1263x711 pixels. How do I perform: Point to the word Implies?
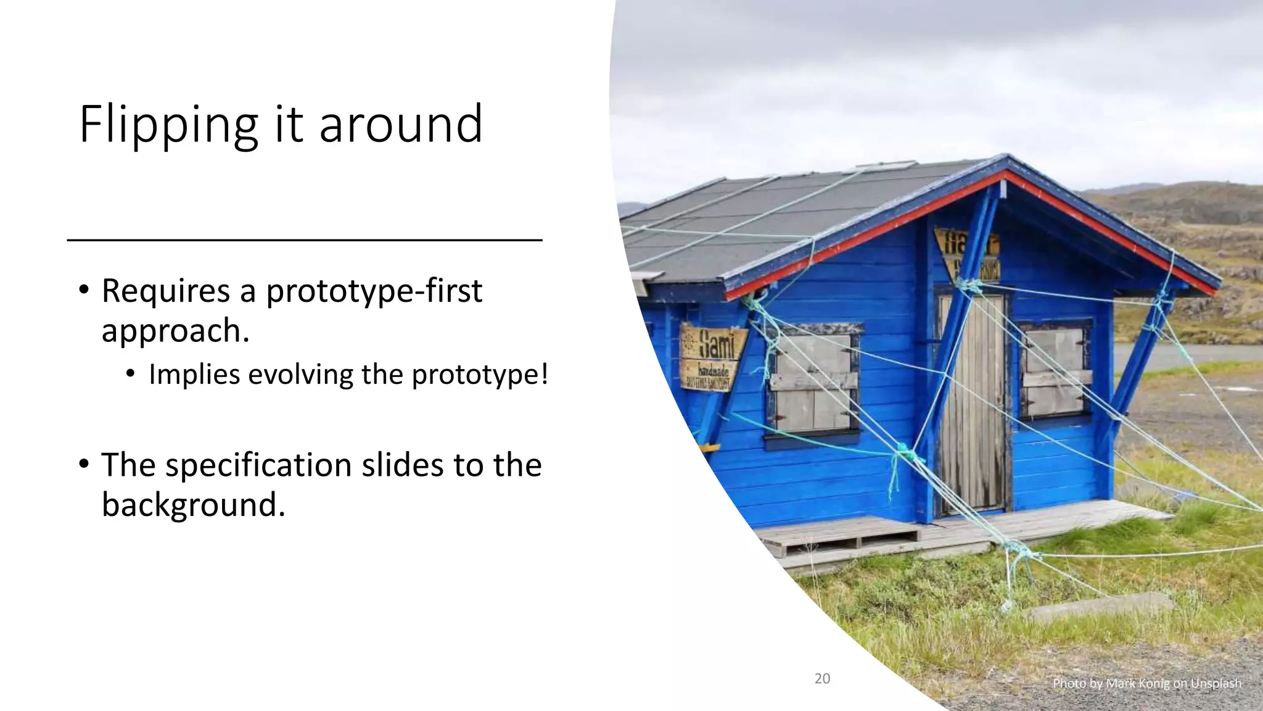(194, 375)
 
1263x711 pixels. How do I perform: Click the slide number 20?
(822, 679)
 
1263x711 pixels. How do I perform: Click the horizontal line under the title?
(304, 239)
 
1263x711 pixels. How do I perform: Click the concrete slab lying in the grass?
(1101, 606)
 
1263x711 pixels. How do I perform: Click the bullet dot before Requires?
(84, 291)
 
